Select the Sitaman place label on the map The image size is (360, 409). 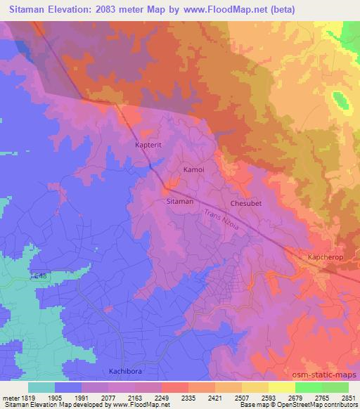click(x=179, y=201)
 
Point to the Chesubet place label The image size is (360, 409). click(x=245, y=204)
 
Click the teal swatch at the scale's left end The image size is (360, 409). click(x=41, y=387)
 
